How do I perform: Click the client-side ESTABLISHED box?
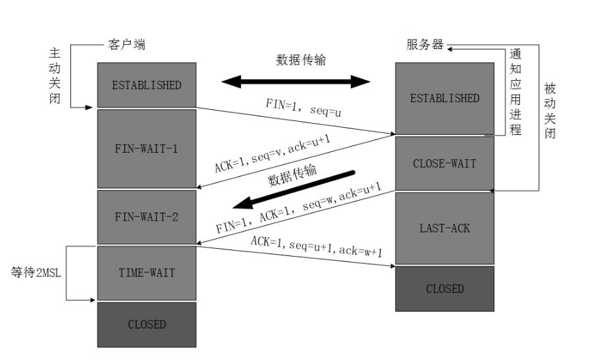(146, 85)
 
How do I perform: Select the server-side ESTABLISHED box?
(444, 98)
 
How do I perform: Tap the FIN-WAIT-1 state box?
(146, 149)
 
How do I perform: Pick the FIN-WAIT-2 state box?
(146, 217)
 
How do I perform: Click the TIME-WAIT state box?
(146, 272)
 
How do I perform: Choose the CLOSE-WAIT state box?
(444, 163)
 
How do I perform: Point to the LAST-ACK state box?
(444, 228)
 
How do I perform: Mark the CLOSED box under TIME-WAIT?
(146, 324)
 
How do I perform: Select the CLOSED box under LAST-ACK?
(444, 289)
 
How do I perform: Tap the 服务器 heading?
(425, 45)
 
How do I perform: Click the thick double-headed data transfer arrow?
(296, 82)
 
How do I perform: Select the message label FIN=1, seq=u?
(303, 107)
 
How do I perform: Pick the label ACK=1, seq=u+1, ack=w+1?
(317, 245)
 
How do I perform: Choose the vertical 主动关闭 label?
(55, 76)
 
